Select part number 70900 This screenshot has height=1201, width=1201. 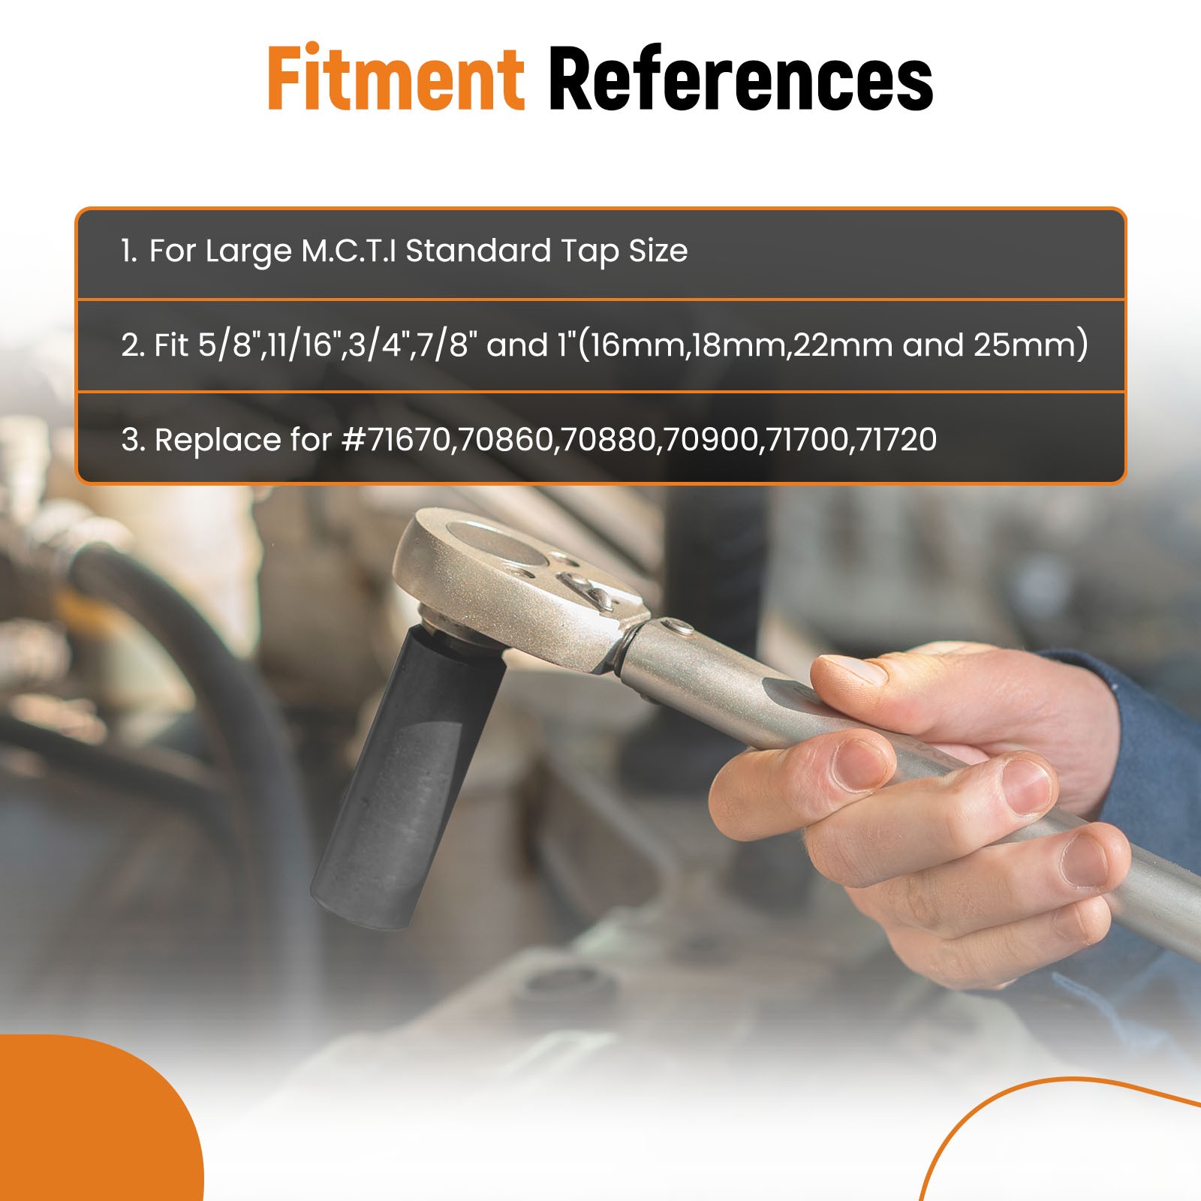(709, 440)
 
